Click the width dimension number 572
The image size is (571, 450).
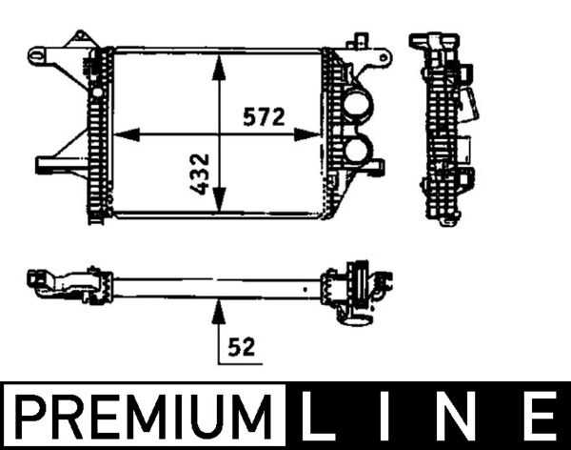coord(264,117)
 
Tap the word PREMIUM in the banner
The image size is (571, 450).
coord(146,419)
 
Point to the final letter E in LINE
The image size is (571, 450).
coord(538,419)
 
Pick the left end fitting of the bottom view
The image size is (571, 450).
coord(67,284)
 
